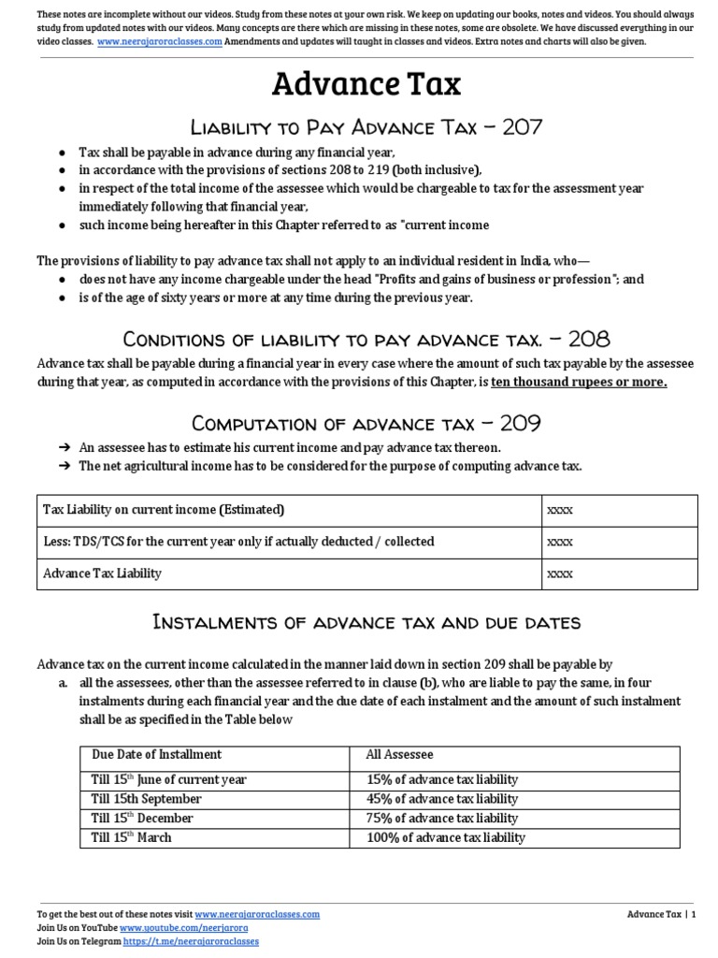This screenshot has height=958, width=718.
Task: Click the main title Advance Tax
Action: click(366, 85)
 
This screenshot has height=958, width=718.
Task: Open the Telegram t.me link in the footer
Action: click(189, 940)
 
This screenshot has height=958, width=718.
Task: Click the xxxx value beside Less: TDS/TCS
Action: click(560, 542)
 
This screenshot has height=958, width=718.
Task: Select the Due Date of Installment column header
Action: click(156, 754)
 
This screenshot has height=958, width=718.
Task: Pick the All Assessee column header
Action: click(400, 754)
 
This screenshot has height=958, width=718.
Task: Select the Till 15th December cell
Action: click(142, 818)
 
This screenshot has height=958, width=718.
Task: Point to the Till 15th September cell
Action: click(146, 799)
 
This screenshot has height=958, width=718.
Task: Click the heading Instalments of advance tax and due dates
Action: click(366, 622)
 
